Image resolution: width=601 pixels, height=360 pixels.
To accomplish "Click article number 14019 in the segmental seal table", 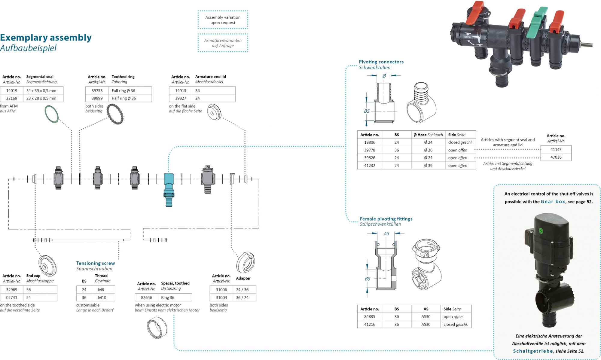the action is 12,90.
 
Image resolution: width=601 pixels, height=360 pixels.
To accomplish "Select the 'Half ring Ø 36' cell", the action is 124,98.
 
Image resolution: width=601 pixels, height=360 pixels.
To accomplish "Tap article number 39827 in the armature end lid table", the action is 181,98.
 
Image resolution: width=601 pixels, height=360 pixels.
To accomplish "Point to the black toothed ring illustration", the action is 115,114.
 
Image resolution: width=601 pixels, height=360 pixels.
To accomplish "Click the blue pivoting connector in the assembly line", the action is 169,190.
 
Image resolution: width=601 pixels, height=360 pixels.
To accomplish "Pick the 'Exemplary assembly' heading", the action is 46,38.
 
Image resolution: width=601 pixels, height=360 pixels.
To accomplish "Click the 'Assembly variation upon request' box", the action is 223,20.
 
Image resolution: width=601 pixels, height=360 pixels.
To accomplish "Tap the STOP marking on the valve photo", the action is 467,37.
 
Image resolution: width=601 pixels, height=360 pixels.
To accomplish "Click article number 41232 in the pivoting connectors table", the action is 370,166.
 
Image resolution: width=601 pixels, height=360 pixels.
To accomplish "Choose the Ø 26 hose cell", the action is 428,150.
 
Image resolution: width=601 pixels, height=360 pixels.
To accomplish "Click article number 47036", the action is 556,157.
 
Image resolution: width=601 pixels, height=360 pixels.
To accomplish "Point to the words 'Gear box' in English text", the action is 553,202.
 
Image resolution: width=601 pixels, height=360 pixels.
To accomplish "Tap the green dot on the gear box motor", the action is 541,231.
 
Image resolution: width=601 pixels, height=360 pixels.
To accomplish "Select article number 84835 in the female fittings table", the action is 370,317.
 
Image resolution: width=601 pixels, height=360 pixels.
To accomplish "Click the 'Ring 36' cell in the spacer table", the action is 168,297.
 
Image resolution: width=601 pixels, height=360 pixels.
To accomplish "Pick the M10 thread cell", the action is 102,297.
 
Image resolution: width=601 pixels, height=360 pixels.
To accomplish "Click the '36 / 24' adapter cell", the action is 242,297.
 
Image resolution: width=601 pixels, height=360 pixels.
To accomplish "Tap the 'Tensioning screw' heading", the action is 96,263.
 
